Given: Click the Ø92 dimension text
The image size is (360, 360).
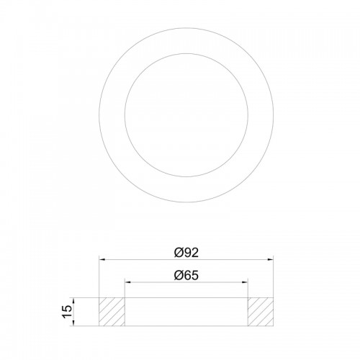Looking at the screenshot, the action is (186, 253).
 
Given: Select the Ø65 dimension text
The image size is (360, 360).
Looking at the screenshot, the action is (186, 275).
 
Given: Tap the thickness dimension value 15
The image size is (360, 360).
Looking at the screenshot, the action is (67, 312).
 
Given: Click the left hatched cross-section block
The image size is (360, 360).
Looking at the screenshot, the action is (112, 312).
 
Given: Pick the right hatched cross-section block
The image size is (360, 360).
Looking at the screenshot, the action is (261, 312).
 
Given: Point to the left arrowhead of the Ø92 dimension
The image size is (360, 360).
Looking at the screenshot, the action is (102, 259).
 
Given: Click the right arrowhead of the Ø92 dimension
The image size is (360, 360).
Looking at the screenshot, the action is (271, 259).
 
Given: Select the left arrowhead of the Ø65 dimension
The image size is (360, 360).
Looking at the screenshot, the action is (127, 282).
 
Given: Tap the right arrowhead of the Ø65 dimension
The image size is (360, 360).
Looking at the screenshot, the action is (245, 282).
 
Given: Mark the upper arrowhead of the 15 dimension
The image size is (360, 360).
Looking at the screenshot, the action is (73, 301).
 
